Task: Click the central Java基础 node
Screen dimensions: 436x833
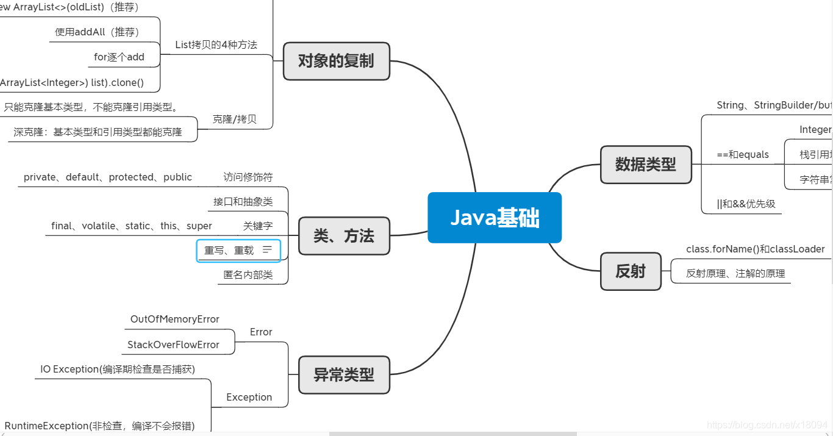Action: click(495, 218)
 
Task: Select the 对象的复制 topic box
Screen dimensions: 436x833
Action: click(336, 61)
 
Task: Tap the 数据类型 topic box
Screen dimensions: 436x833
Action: click(646, 165)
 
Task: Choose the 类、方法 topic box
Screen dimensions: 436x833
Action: click(344, 236)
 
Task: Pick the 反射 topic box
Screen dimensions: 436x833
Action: click(631, 271)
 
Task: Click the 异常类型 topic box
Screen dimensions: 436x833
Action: click(344, 375)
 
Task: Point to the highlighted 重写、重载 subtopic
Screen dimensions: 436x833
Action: click(229, 251)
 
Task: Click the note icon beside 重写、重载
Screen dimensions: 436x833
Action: click(267, 250)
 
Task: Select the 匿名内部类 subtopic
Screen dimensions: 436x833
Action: click(248, 275)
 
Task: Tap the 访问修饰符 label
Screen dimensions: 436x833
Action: click(248, 177)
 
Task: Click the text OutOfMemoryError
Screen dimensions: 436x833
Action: click(174, 320)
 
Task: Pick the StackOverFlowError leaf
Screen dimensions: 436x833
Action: click(173, 345)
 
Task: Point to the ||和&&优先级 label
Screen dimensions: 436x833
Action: click(746, 204)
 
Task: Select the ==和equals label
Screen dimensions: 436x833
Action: click(743, 154)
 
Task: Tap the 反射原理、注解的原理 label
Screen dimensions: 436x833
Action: click(735, 273)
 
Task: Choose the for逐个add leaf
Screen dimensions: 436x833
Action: click(119, 57)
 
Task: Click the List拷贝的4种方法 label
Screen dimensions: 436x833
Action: click(216, 45)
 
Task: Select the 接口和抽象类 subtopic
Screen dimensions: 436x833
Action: click(243, 202)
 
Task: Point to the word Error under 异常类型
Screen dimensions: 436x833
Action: click(261, 332)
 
